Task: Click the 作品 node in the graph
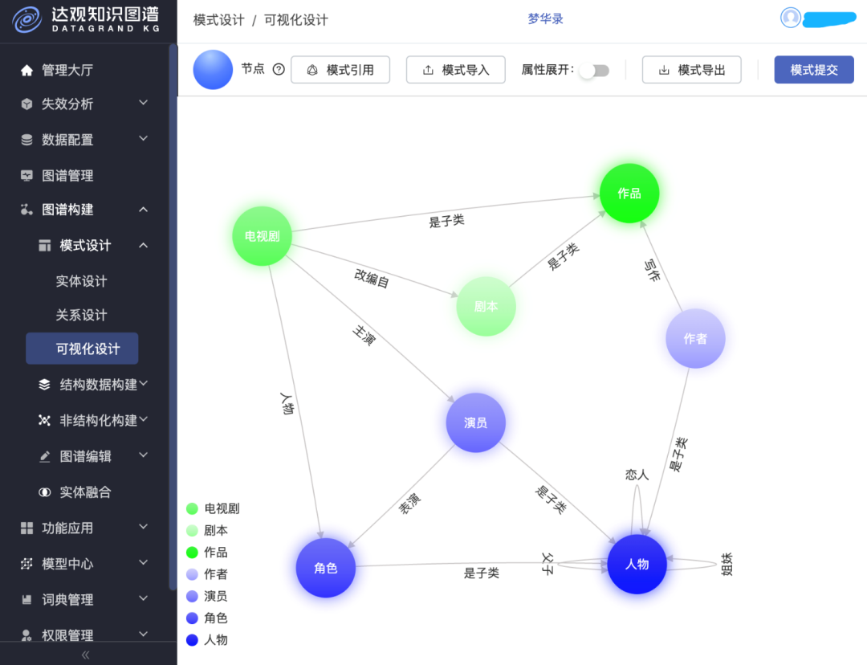(x=629, y=193)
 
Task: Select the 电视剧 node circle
(x=262, y=236)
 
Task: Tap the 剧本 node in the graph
(x=486, y=307)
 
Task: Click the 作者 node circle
(x=695, y=339)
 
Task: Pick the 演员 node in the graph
(x=475, y=422)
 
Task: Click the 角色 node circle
(x=326, y=568)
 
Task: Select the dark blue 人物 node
(x=637, y=565)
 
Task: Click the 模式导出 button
(x=692, y=70)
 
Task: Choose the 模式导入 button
(x=456, y=70)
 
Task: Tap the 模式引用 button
(x=340, y=70)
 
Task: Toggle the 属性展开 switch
(x=595, y=70)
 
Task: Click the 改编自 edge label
(x=372, y=278)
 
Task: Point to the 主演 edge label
(x=364, y=335)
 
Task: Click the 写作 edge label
(x=653, y=270)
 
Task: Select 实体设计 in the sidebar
(x=81, y=281)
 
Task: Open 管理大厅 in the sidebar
(x=67, y=70)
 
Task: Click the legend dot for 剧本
(x=193, y=531)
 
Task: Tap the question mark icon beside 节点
(x=279, y=69)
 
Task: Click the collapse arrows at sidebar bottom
(x=85, y=655)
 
